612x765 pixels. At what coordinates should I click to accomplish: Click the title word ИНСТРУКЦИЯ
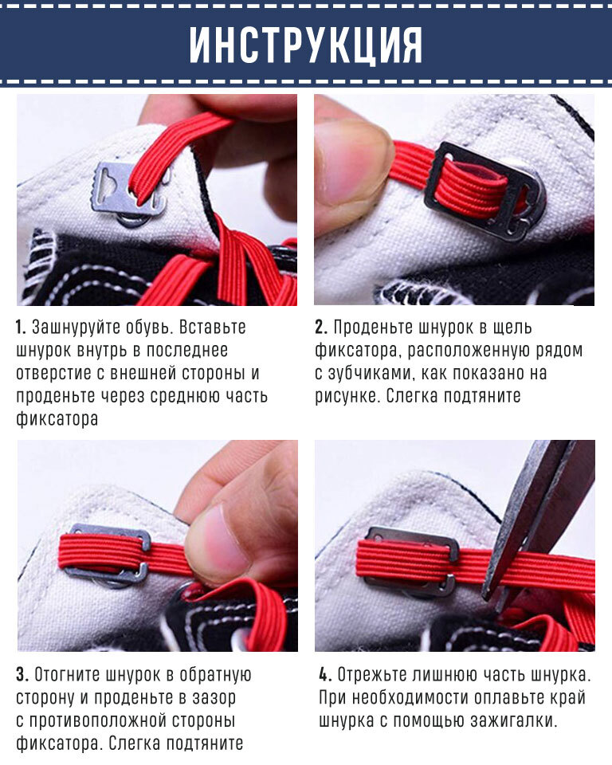pyautogui.click(x=305, y=45)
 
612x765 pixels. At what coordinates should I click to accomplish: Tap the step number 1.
pyautogui.click(x=20, y=328)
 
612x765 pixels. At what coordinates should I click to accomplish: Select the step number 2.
pyautogui.click(x=320, y=328)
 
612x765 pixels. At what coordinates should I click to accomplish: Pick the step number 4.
pyautogui.click(x=325, y=675)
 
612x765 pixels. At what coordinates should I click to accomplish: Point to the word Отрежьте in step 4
pyautogui.click(x=372, y=675)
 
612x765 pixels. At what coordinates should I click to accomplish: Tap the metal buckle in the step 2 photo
pyautogui.click(x=483, y=190)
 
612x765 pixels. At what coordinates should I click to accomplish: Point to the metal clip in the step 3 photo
pyautogui.click(x=108, y=556)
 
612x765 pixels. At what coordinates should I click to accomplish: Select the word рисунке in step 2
pyautogui.click(x=347, y=396)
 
